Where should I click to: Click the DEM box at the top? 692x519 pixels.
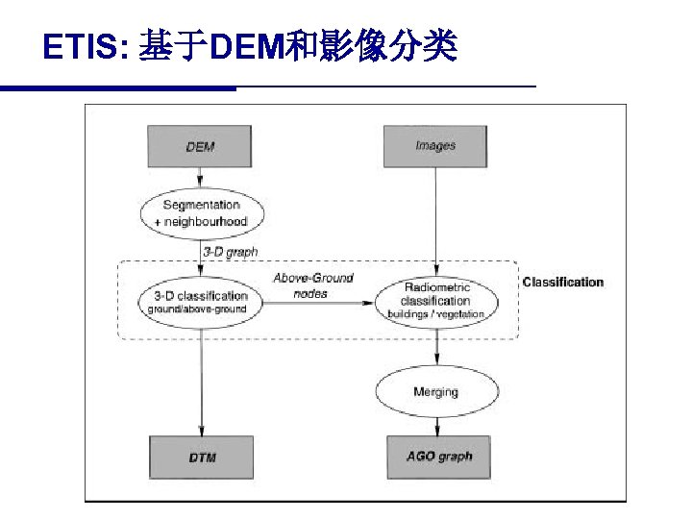click(x=200, y=147)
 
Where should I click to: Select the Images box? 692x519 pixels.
click(x=435, y=146)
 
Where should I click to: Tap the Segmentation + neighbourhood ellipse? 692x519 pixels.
click(x=201, y=213)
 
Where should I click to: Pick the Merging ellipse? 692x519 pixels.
click(x=436, y=391)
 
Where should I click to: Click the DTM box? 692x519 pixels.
click(x=202, y=457)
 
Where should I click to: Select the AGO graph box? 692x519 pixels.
click(x=438, y=456)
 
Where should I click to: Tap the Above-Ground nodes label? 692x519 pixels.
click(x=313, y=285)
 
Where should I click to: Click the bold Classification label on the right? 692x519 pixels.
click(x=562, y=282)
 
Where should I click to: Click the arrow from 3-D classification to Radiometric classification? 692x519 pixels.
click(x=318, y=303)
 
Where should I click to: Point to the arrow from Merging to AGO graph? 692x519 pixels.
click(x=437, y=424)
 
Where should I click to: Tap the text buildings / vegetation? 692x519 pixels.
click(x=436, y=314)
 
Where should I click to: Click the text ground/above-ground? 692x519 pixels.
click(x=197, y=309)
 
